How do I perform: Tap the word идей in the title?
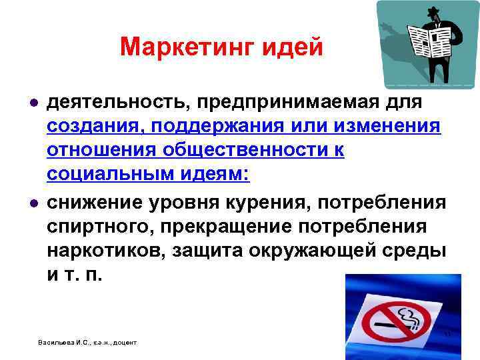(x=291, y=47)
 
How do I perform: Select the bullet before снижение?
(x=33, y=202)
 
